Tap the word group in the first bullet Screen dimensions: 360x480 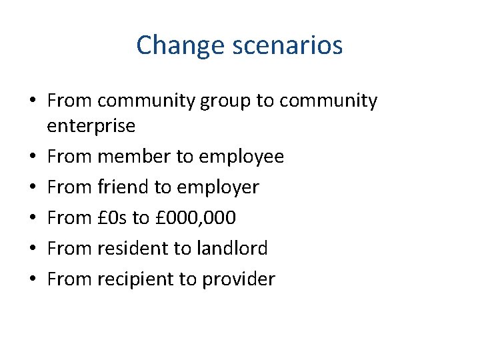226,101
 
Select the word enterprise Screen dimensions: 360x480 91,125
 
